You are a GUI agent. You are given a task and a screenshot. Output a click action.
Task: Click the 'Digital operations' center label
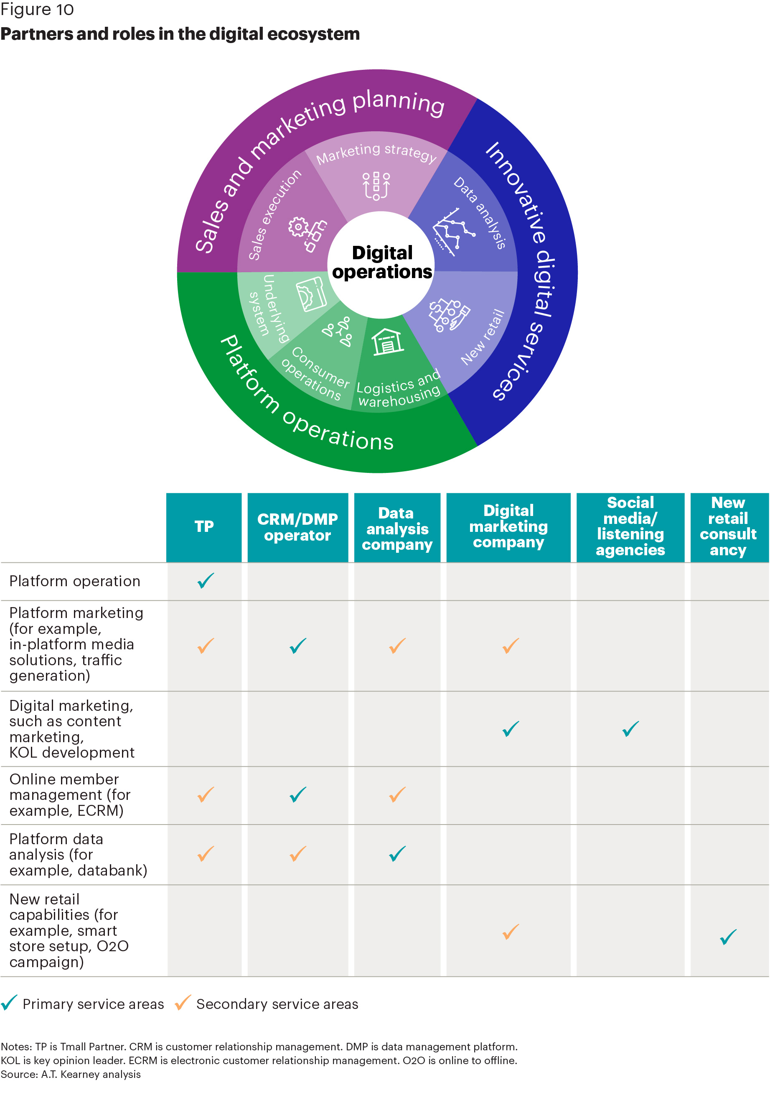click(x=382, y=262)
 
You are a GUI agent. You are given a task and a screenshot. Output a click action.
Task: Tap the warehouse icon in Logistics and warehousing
click(x=387, y=342)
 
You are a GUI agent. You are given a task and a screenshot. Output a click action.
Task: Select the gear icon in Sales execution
click(x=298, y=227)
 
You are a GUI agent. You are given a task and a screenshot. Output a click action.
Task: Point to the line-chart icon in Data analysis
click(x=453, y=232)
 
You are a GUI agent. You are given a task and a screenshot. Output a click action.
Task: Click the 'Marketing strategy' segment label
click(x=376, y=153)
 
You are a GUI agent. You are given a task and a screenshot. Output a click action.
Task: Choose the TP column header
click(x=204, y=527)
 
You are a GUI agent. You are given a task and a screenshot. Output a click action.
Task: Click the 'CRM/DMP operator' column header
click(x=298, y=527)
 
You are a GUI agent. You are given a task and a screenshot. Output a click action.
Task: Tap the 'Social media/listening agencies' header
click(x=630, y=527)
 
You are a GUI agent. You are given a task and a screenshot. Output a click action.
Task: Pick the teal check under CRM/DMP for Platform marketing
click(x=298, y=646)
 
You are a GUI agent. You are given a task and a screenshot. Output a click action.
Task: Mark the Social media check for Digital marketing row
click(x=630, y=729)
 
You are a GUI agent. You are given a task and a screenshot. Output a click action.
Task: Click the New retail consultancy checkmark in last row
click(x=728, y=937)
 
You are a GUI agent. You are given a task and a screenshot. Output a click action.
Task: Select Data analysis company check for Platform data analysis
click(x=397, y=854)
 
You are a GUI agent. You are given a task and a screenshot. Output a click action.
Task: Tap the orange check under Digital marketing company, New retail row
click(x=511, y=932)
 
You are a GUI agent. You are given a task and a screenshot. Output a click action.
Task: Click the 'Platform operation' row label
click(x=74, y=581)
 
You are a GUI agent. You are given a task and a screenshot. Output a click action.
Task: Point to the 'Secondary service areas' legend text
click(x=277, y=1004)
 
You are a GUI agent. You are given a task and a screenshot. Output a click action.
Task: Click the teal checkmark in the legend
click(x=9, y=1003)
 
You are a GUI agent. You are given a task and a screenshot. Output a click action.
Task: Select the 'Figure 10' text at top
click(x=37, y=10)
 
